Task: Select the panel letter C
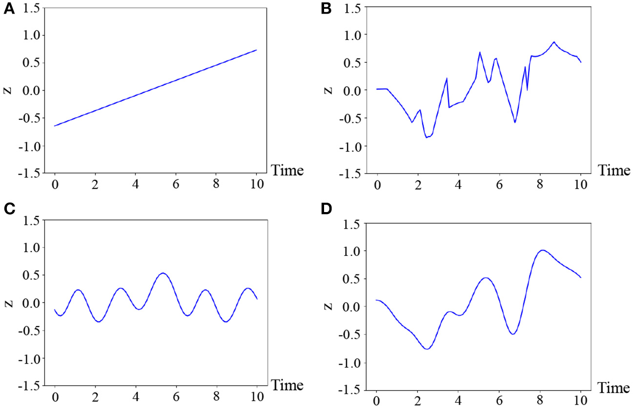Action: pyautogui.click(x=8, y=209)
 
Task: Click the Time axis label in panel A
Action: pyautogui.click(x=287, y=171)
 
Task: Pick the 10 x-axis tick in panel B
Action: pyautogui.click(x=580, y=185)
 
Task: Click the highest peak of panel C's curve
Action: pyautogui.click(x=163, y=273)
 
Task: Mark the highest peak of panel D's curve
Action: pyautogui.click(x=542, y=250)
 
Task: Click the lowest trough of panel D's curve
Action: pyautogui.click(x=427, y=349)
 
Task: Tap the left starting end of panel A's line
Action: pyautogui.click(x=55, y=126)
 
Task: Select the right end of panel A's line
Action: pyautogui.click(x=257, y=50)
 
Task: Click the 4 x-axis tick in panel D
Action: pyautogui.click(x=458, y=402)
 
